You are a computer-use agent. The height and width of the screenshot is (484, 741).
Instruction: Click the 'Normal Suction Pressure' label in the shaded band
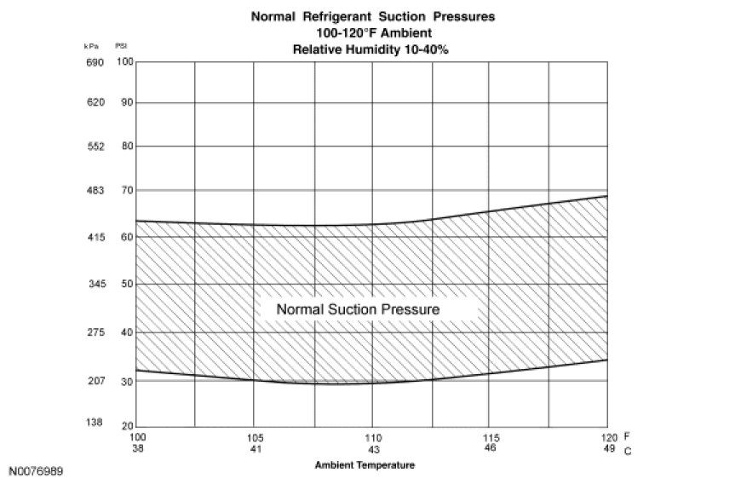point(358,309)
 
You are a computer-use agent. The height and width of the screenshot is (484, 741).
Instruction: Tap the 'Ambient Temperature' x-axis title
point(365,465)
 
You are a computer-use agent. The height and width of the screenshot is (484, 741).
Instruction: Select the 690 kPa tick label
point(94,62)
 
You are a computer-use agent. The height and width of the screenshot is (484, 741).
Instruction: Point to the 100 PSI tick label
point(125,62)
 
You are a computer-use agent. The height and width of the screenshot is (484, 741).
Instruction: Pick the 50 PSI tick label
point(127,284)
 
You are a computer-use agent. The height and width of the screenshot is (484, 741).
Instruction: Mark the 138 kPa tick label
point(94,423)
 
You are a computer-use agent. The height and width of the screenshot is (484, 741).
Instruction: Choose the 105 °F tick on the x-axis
point(254,436)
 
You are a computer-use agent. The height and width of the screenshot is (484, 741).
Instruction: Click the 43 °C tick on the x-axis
point(372,448)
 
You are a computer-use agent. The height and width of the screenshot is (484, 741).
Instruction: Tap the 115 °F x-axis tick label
point(490,436)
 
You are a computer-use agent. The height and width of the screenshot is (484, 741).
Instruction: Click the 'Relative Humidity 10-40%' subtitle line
point(370,49)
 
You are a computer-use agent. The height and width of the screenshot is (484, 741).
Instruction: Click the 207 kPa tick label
point(94,380)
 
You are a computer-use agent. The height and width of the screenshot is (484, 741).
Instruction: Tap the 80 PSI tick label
point(127,146)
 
